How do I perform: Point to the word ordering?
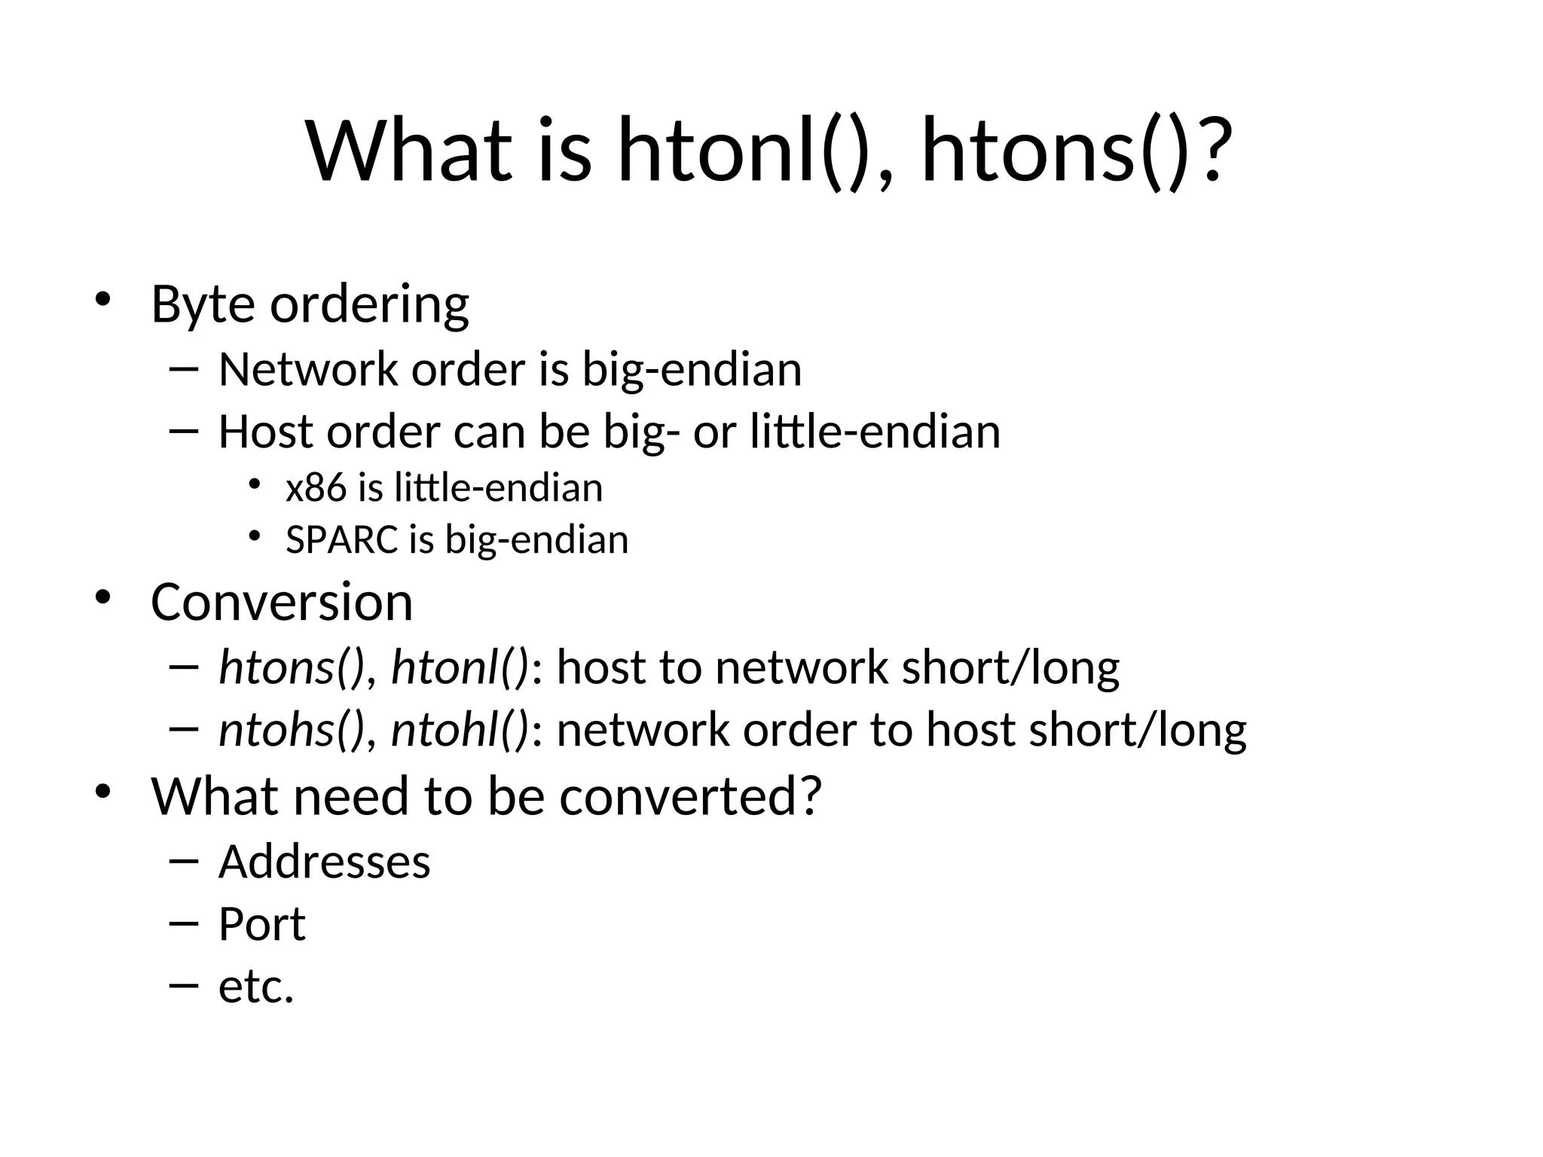point(369,304)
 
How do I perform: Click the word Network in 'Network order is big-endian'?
point(307,370)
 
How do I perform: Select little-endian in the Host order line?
point(875,432)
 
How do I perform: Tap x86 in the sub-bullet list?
point(315,488)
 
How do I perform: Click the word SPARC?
point(341,540)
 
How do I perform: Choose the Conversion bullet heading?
point(282,602)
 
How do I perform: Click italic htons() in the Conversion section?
point(291,668)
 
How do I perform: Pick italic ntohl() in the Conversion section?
point(460,731)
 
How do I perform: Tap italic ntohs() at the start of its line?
point(291,731)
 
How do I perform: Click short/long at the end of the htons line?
point(1010,668)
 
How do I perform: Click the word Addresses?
point(324,862)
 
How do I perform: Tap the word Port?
point(261,924)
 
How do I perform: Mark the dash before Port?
point(185,924)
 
